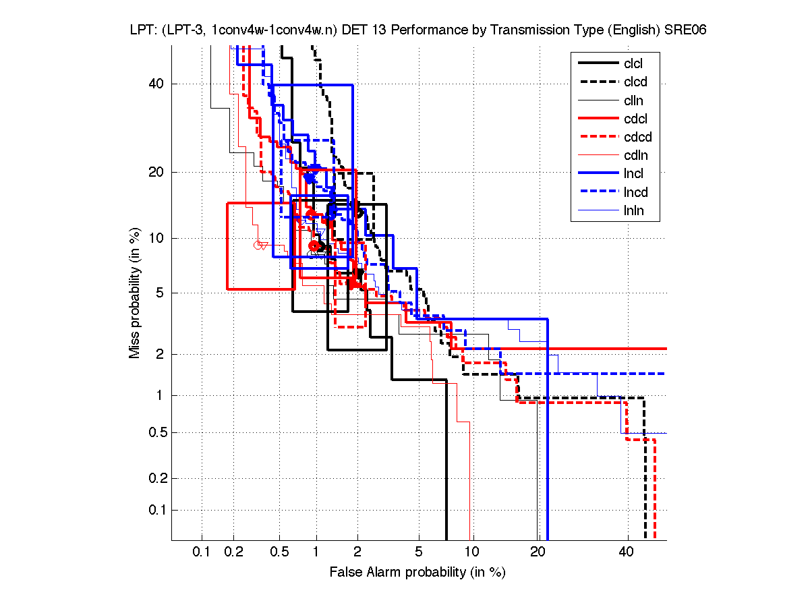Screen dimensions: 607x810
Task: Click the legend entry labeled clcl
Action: [633, 64]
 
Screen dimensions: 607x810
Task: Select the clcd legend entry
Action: [634, 82]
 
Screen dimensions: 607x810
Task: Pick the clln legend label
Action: [633, 100]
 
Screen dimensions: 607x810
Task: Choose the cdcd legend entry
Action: [637, 138]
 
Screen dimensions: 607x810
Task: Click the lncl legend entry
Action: [633, 174]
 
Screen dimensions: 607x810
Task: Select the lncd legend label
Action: [634, 192]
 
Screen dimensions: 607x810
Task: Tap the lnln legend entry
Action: [633, 210]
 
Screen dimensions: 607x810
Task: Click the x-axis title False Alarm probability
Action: [417, 573]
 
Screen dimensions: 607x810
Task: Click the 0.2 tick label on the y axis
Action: [156, 479]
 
